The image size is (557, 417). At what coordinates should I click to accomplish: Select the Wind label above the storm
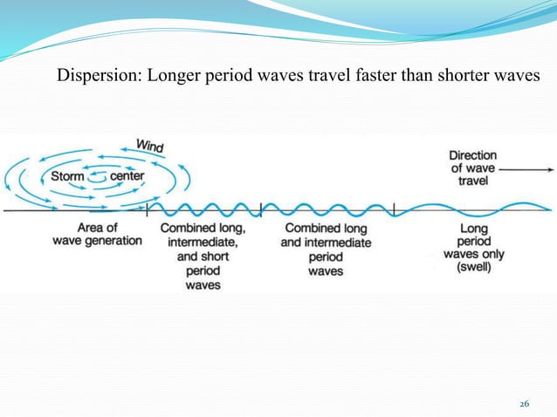coord(149,145)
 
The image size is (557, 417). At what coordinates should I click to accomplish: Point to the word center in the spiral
coord(126,176)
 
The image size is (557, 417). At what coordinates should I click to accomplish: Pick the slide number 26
coord(524,403)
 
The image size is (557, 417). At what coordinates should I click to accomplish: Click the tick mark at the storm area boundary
coord(148,209)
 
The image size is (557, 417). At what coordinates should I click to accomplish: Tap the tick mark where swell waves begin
coord(395,209)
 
